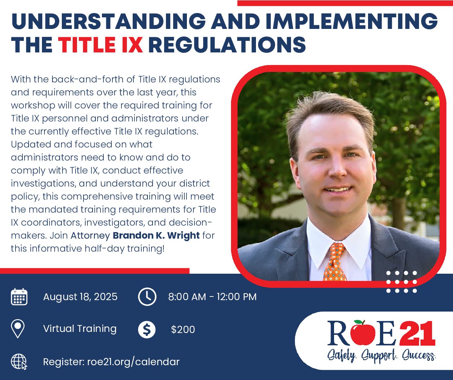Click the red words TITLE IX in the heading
(x=101, y=45)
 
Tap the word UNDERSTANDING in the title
(x=108, y=21)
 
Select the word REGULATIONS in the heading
(x=227, y=45)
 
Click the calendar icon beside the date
(x=19, y=297)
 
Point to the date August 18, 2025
(x=80, y=297)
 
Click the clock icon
(x=147, y=297)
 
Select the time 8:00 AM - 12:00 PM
(x=212, y=297)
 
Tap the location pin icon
(x=18, y=329)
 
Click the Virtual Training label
(x=80, y=329)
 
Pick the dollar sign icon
(x=147, y=329)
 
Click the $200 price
(x=183, y=329)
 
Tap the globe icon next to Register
(x=19, y=362)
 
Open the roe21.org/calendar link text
(x=133, y=362)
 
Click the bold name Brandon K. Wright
(x=156, y=235)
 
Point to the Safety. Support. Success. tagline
(x=381, y=356)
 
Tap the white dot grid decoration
(x=402, y=282)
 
